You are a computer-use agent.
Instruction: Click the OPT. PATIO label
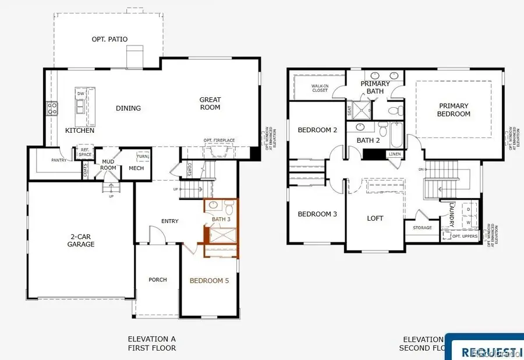tap(109, 39)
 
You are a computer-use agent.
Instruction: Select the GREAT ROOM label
tap(210, 104)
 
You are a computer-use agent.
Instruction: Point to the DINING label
tap(128, 108)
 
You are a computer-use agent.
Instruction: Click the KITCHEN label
tap(80, 130)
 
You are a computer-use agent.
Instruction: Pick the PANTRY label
tap(58, 160)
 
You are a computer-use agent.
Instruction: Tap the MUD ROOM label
tap(109, 165)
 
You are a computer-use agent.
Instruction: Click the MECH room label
tap(136, 168)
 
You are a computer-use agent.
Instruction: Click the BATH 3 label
tap(221, 219)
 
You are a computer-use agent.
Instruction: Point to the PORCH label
tap(157, 280)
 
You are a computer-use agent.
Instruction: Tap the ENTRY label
tap(169, 221)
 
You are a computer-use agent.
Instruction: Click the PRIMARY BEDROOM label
tap(454, 110)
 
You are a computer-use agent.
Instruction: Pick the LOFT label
tap(375, 218)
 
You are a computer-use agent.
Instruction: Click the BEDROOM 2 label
tap(317, 130)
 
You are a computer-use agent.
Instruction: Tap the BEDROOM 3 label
tap(317, 214)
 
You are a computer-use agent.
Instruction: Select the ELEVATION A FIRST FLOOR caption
tap(151, 344)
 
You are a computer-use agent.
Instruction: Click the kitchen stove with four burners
tap(52, 108)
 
